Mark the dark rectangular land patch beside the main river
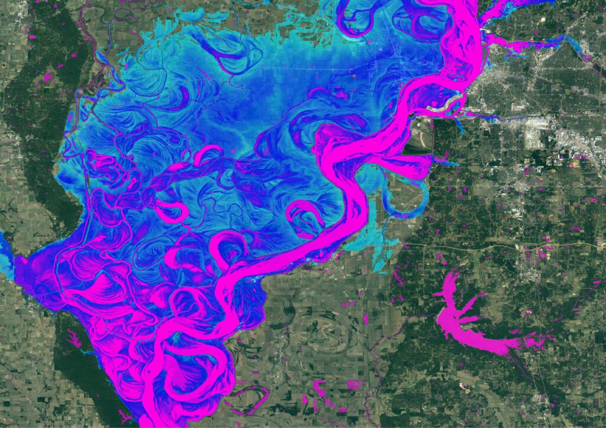point(417,148)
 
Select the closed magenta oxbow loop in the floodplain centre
point(305,216)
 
